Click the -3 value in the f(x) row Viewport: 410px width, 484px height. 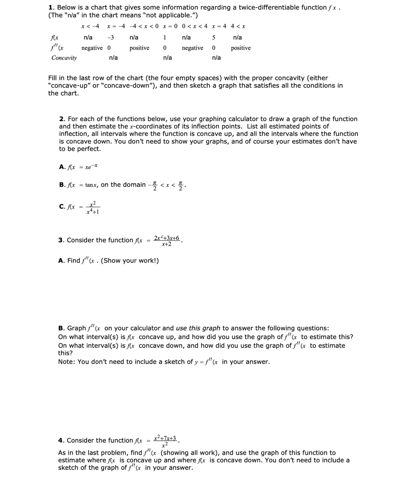coord(111,38)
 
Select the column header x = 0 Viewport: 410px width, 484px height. coord(170,26)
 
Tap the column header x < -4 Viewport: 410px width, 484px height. coord(90,26)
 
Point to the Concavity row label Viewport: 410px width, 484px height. coord(64,58)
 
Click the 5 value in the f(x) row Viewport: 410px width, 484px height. coord(214,38)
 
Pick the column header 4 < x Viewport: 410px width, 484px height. coord(238,26)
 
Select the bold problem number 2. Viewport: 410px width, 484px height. coord(62,119)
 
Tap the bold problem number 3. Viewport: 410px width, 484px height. coord(61,240)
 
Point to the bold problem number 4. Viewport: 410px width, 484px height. coord(61,440)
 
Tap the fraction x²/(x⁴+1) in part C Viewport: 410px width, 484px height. coord(93,207)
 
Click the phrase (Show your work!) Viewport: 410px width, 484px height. coord(130,261)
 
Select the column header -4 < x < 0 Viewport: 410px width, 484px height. coord(144,26)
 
